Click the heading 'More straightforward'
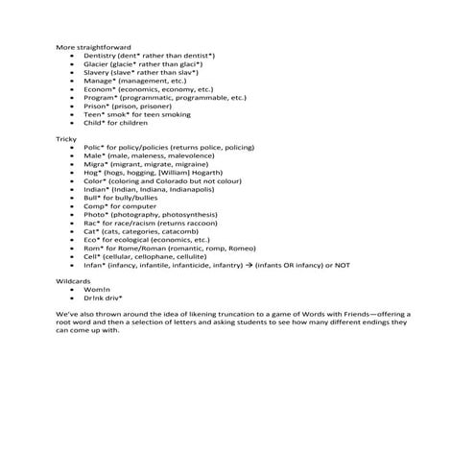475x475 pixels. coord(93,46)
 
